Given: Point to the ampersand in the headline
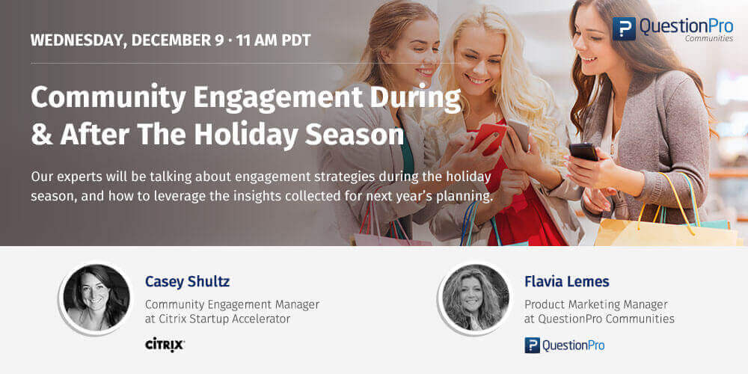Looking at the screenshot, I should pos(40,135).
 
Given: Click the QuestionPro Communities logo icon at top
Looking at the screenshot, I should pos(623,28).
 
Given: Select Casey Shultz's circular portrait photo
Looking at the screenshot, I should pos(96,298).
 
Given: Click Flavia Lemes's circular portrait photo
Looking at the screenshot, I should pos(475,298).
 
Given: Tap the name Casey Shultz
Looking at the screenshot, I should pos(187,282).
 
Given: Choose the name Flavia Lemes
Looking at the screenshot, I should pos(566,282).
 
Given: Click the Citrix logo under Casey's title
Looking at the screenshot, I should pos(165,344).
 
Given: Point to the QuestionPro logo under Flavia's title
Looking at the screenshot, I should pos(564,345).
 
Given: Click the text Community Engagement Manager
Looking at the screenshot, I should pos(232,304).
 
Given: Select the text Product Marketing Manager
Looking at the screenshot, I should pos(595,304).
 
